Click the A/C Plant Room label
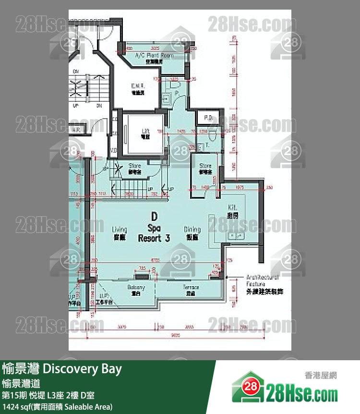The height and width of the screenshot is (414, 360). tap(153, 56)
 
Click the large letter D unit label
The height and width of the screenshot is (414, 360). tap(154, 216)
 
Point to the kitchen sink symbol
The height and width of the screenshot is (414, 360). tap(235, 235)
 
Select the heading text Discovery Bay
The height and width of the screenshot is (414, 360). tap(83, 369)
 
